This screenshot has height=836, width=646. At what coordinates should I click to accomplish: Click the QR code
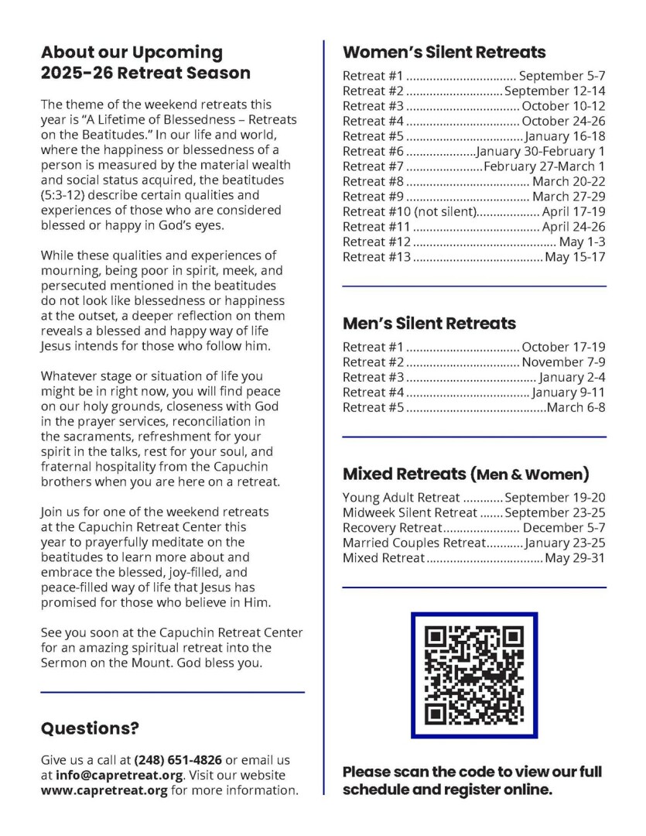(x=473, y=675)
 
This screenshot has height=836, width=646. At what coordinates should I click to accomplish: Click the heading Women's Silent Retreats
(x=444, y=53)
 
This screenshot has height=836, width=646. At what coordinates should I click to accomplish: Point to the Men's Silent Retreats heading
(x=429, y=323)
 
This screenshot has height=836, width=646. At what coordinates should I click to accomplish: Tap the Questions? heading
(x=90, y=728)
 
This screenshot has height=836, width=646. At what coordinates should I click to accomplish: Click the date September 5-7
(x=562, y=76)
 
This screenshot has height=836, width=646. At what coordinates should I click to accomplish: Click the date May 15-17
(x=575, y=256)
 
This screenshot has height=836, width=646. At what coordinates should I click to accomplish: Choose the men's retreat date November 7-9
(x=563, y=361)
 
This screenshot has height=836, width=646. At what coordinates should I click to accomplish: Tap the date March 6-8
(x=576, y=407)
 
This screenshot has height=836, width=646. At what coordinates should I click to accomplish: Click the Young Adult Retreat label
(x=402, y=498)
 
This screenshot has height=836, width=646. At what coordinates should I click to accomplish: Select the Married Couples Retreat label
(x=413, y=543)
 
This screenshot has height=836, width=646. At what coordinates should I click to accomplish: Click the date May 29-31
(x=575, y=557)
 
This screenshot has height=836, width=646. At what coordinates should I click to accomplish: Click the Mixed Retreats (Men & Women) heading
(x=466, y=474)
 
